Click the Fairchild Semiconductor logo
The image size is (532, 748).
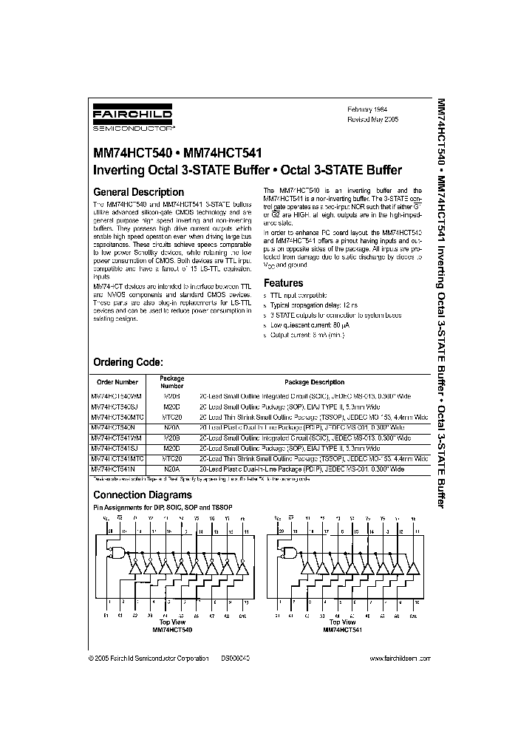(132, 118)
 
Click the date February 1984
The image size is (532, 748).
(367, 109)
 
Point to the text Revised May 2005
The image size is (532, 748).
(372, 118)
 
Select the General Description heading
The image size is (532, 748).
(138, 192)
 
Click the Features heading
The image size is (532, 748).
(284, 283)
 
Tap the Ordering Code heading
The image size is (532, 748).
(127, 362)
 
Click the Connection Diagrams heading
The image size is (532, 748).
(142, 495)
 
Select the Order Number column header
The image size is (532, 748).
(118, 382)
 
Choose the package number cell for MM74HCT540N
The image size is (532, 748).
(172, 427)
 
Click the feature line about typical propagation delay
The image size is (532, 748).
(314, 305)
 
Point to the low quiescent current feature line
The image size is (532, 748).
(310, 325)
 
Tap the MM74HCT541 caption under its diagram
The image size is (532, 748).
(343, 630)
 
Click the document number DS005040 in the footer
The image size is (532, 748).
(235, 658)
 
